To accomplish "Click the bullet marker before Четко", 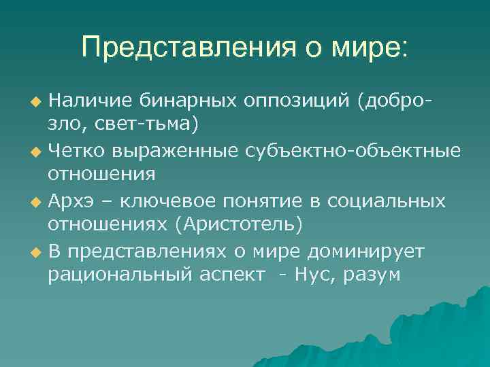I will coord(36,151).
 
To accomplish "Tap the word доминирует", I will coord(366,250).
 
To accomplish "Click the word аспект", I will coord(231,275).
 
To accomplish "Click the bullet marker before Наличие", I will coord(36,102).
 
